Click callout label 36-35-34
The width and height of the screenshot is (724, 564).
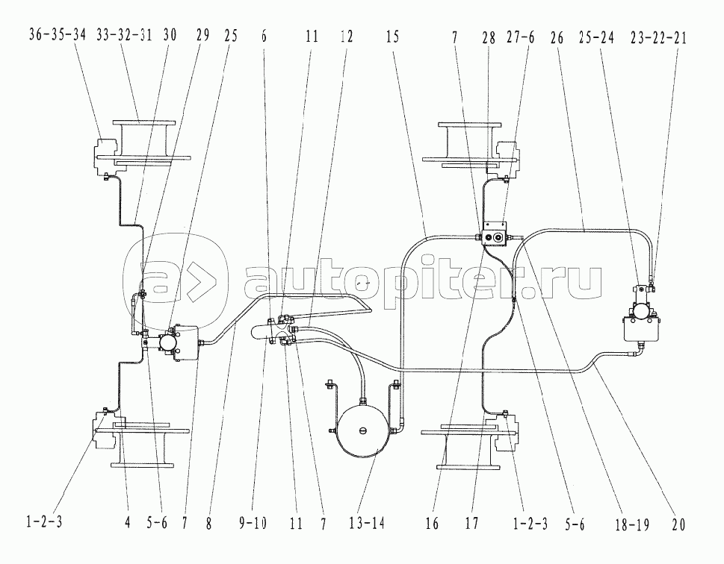tap(58, 35)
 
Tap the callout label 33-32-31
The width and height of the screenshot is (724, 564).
tap(124, 35)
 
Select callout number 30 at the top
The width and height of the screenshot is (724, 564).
tap(170, 35)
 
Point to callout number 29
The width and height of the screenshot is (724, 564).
tap(202, 35)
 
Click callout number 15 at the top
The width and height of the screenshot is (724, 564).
tap(392, 37)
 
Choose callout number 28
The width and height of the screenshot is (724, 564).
tap(489, 37)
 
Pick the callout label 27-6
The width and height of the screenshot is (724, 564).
tap(520, 37)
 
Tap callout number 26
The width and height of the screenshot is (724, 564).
tap(557, 37)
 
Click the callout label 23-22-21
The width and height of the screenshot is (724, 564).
tap(659, 37)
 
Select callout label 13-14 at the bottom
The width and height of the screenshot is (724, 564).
tap(367, 524)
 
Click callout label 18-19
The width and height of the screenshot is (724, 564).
tap(632, 524)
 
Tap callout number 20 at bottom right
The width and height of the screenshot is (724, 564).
tap(678, 524)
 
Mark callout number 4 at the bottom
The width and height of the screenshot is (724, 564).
tap(128, 522)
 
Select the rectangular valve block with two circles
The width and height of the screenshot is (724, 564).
tap(495, 235)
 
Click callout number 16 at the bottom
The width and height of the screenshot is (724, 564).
tap(432, 524)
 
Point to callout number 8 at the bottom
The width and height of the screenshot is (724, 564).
tap(208, 524)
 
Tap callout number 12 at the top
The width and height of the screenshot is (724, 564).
tap(346, 37)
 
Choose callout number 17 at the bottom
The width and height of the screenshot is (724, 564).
tap(471, 524)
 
